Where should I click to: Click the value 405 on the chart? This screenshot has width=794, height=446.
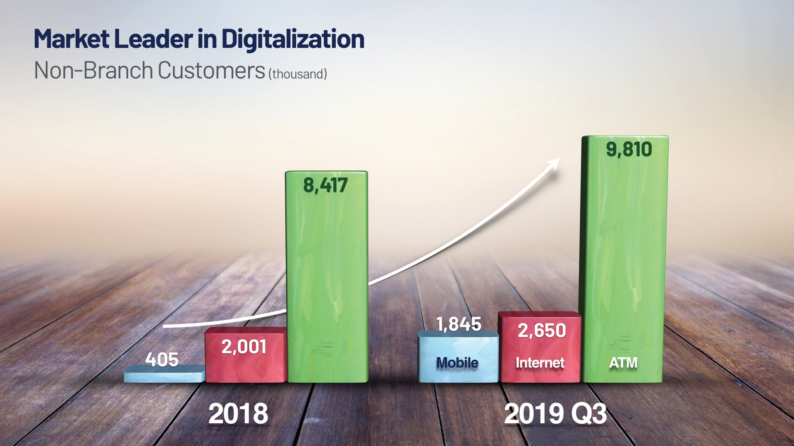162,359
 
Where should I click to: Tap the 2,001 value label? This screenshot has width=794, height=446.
244,346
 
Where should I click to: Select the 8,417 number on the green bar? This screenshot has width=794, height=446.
325,185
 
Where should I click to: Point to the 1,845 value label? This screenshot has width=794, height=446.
459,324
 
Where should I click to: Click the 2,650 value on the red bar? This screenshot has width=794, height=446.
542,330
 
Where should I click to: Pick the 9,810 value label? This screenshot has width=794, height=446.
629,149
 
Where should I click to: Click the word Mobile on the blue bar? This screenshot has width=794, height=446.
457,363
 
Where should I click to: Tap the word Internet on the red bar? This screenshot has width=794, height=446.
540,363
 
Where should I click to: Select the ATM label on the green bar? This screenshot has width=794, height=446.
623,363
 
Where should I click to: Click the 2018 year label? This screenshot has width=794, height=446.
238,413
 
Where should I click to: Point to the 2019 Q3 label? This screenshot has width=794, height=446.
555,414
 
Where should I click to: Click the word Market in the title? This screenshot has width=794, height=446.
72,39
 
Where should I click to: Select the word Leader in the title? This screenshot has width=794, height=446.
153,39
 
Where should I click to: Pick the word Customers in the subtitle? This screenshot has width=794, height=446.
211,70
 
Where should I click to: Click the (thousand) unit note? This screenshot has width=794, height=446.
298,74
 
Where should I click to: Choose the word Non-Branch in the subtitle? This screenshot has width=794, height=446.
93,70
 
